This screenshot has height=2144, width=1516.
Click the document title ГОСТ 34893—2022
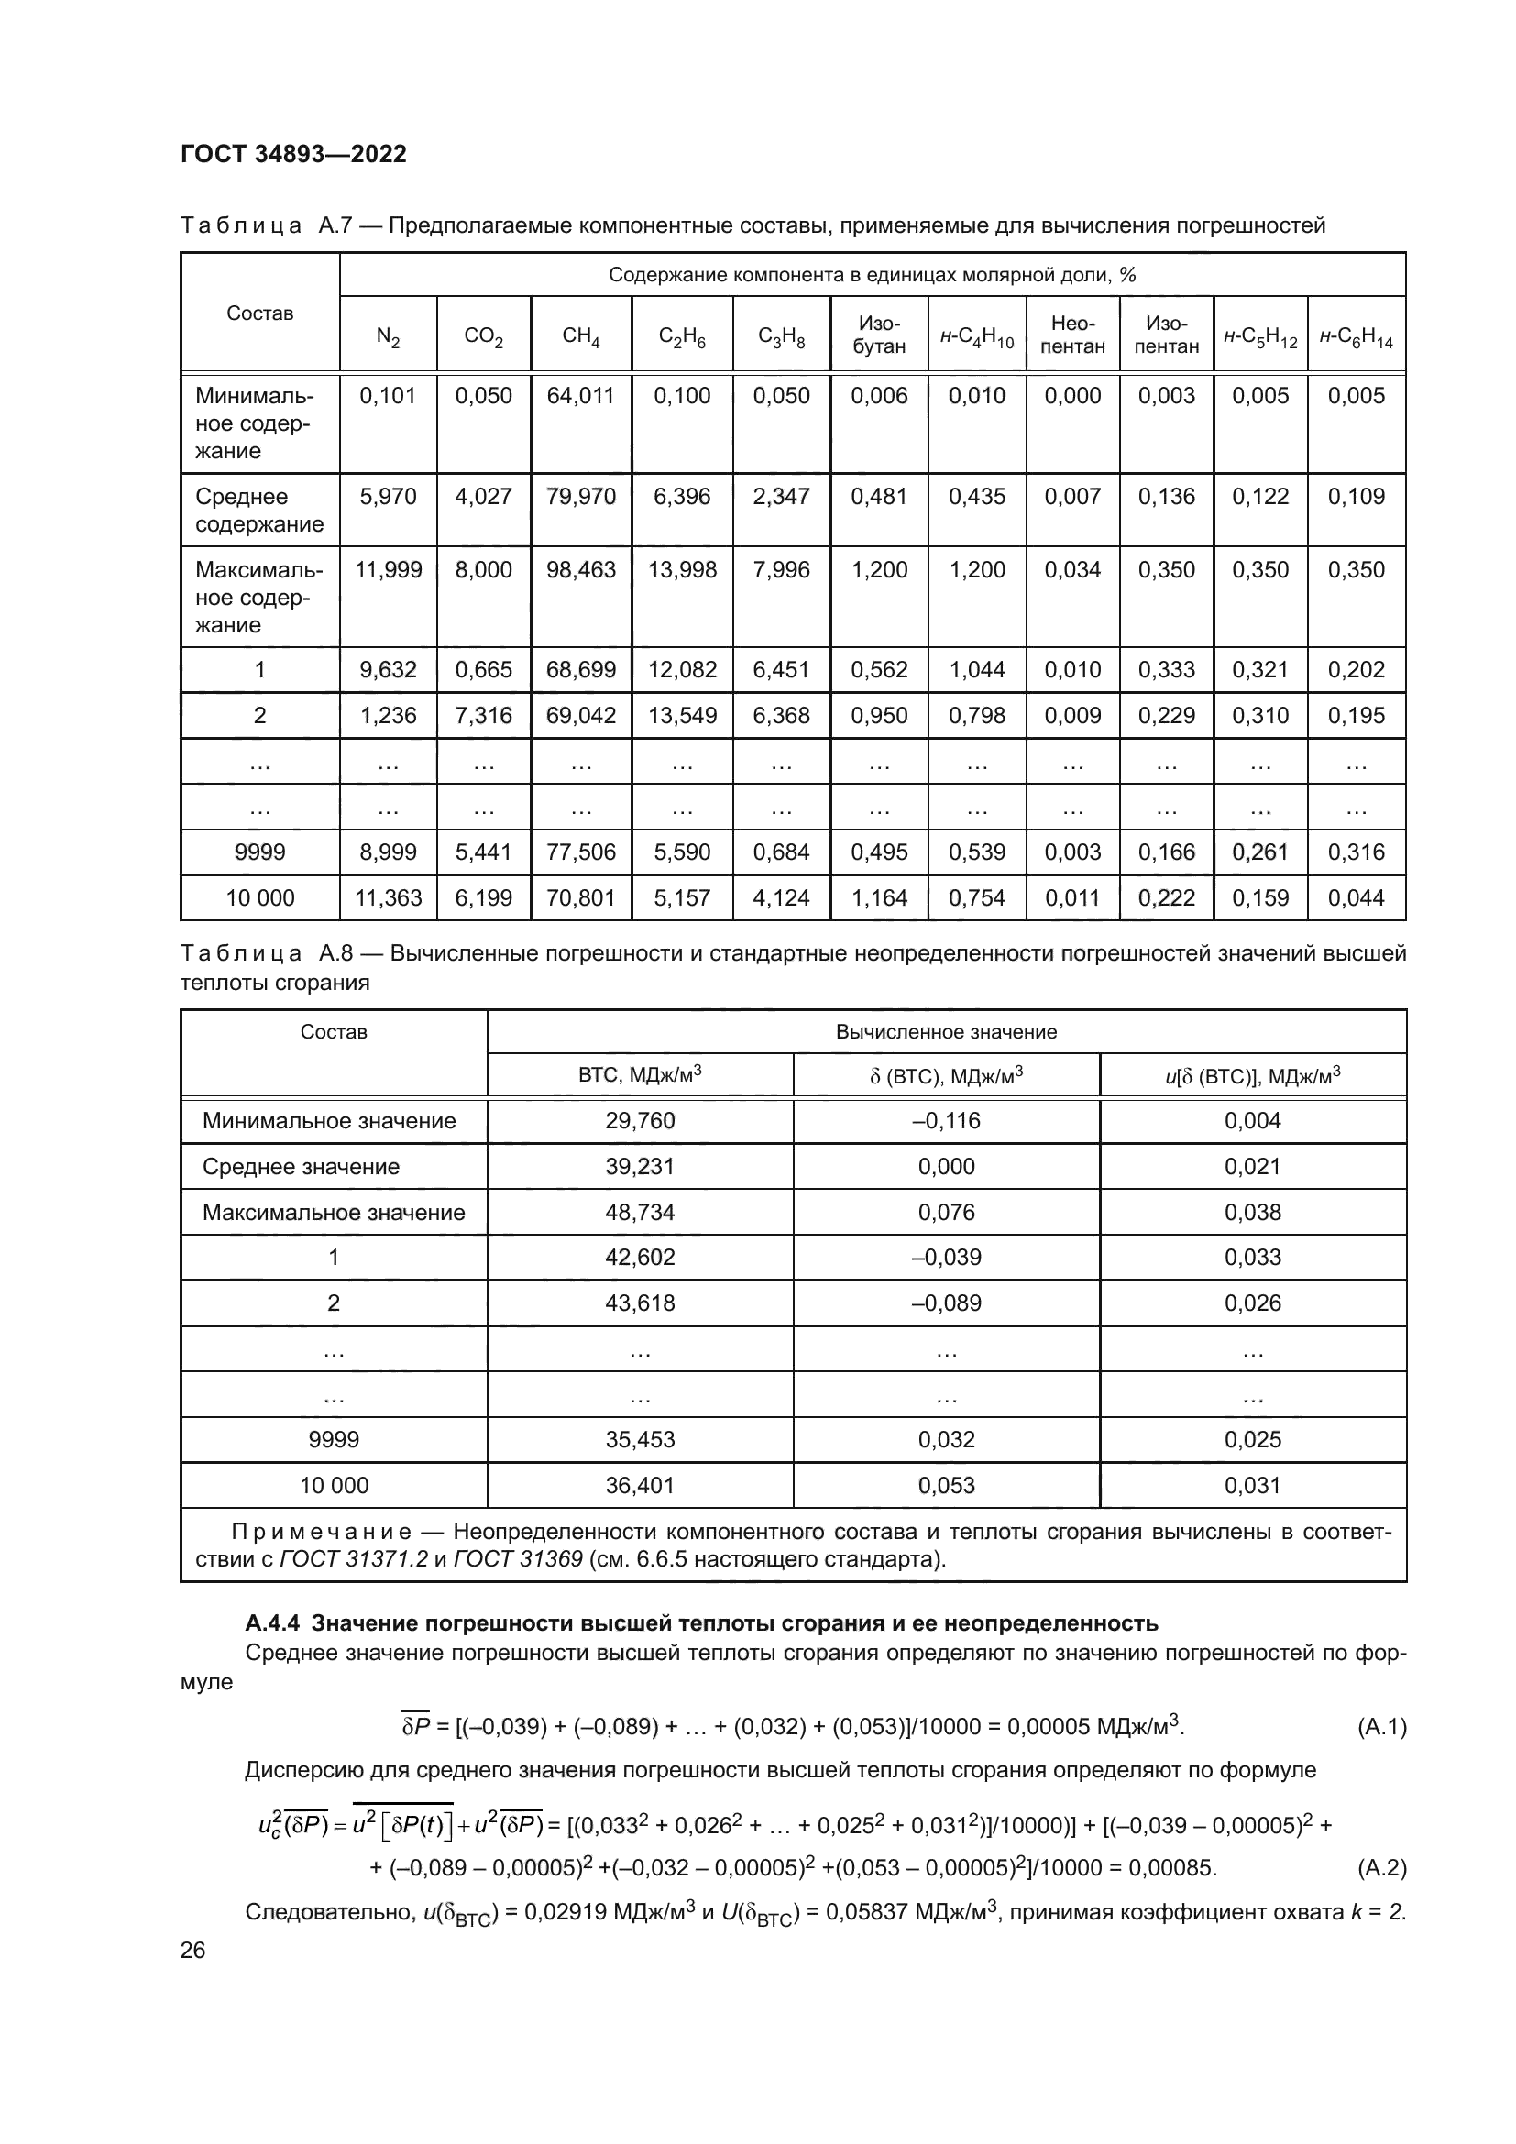coord(293,154)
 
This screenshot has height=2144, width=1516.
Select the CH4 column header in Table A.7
coord(580,336)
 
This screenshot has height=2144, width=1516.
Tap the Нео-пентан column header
coord(1072,335)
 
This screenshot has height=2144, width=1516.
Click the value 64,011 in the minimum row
coord(580,396)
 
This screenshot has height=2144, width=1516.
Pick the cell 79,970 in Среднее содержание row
coord(580,497)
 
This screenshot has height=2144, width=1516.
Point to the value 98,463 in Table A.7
coord(580,570)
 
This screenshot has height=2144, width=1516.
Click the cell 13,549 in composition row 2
coord(683,716)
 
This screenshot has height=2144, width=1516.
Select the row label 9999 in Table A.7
coord(259,852)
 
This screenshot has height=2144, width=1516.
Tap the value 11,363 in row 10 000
coord(389,898)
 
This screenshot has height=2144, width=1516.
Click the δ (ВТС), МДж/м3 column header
coord(946,1076)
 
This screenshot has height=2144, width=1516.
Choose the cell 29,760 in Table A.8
coord(640,1121)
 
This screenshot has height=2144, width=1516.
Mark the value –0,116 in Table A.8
coord(946,1121)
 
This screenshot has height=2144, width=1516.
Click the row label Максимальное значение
coord(334,1213)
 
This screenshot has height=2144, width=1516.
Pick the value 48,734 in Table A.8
coord(640,1213)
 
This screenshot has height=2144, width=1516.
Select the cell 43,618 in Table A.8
coord(640,1303)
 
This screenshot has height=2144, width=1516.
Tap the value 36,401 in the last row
coord(640,1486)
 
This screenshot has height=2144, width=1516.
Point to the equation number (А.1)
coord(1380,1727)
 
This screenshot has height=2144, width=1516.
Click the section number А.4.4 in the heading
coord(272,1623)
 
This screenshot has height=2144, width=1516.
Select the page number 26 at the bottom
coord(193,1950)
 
